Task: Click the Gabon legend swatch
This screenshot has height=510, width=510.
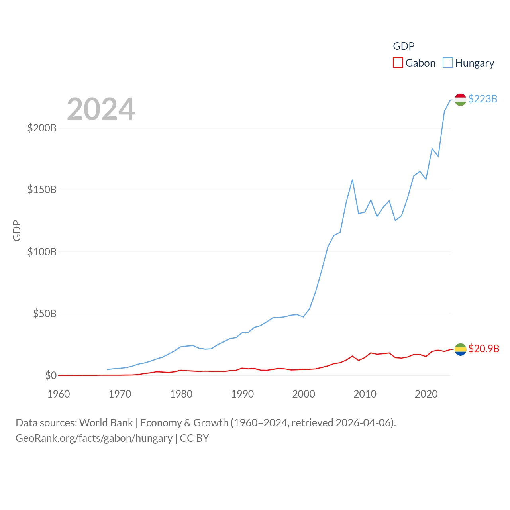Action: (398, 63)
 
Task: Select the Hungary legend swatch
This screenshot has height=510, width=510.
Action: (448, 63)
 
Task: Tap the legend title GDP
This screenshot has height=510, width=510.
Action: (404, 46)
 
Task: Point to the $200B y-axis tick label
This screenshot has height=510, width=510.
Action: (42, 128)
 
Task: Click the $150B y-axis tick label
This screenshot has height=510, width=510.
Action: (42, 190)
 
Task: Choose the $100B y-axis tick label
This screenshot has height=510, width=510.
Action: (42, 252)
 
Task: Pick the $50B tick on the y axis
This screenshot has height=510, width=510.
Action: (45, 314)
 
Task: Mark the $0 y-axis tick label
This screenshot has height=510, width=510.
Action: (51, 375)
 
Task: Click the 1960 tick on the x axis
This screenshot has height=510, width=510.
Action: (59, 394)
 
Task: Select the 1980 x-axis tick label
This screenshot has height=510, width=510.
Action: (181, 394)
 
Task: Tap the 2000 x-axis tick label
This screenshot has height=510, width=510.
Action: (304, 394)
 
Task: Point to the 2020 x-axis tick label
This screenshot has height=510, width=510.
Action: (426, 394)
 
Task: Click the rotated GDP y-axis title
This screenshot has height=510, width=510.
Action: (17, 230)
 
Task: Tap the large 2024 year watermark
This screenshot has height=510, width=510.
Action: (101, 109)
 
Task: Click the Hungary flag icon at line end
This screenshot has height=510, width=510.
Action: (460, 100)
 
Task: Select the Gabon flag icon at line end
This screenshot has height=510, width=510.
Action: (460, 349)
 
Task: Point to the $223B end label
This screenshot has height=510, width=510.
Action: (483, 99)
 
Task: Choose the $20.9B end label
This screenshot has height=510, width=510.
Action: (484, 349)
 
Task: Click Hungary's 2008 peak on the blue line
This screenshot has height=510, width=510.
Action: (352, 180)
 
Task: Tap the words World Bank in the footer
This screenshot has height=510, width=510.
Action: (106, 422)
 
